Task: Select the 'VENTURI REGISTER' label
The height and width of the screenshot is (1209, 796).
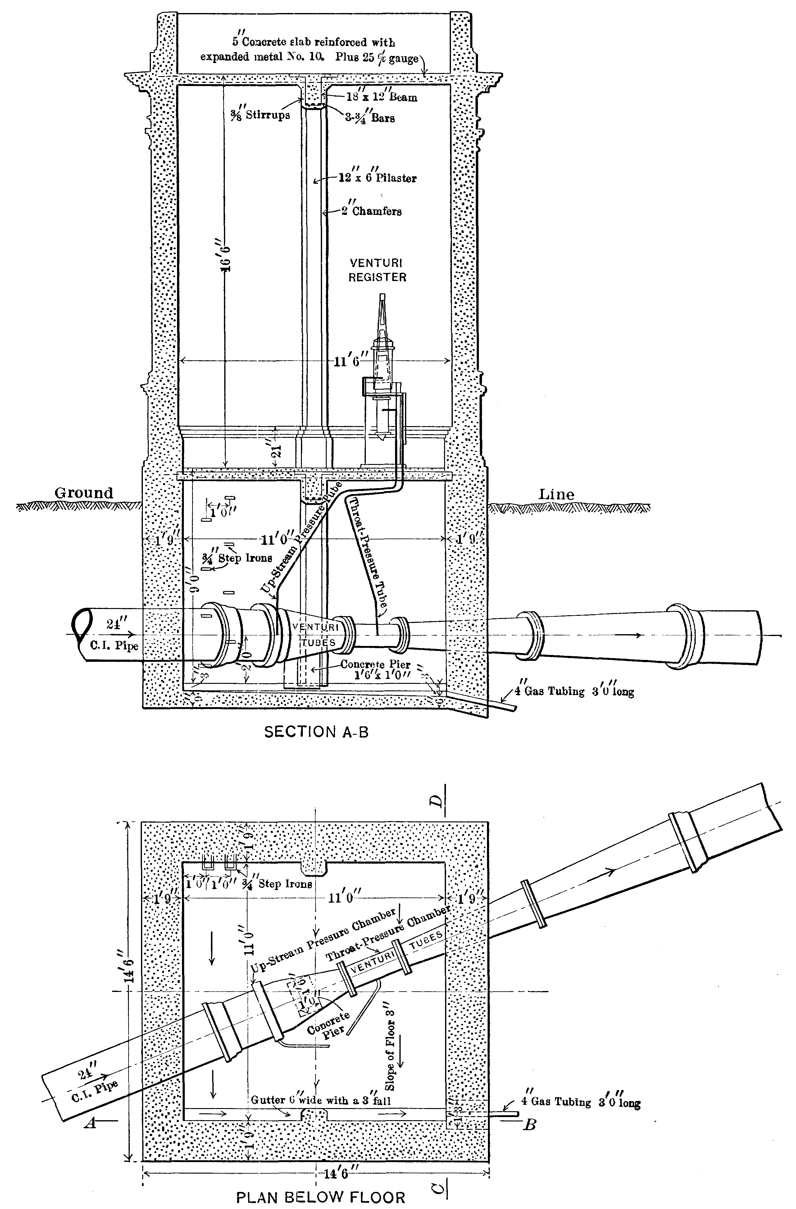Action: (x=377, y=270)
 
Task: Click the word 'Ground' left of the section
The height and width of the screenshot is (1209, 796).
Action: (x=84, y=493)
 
